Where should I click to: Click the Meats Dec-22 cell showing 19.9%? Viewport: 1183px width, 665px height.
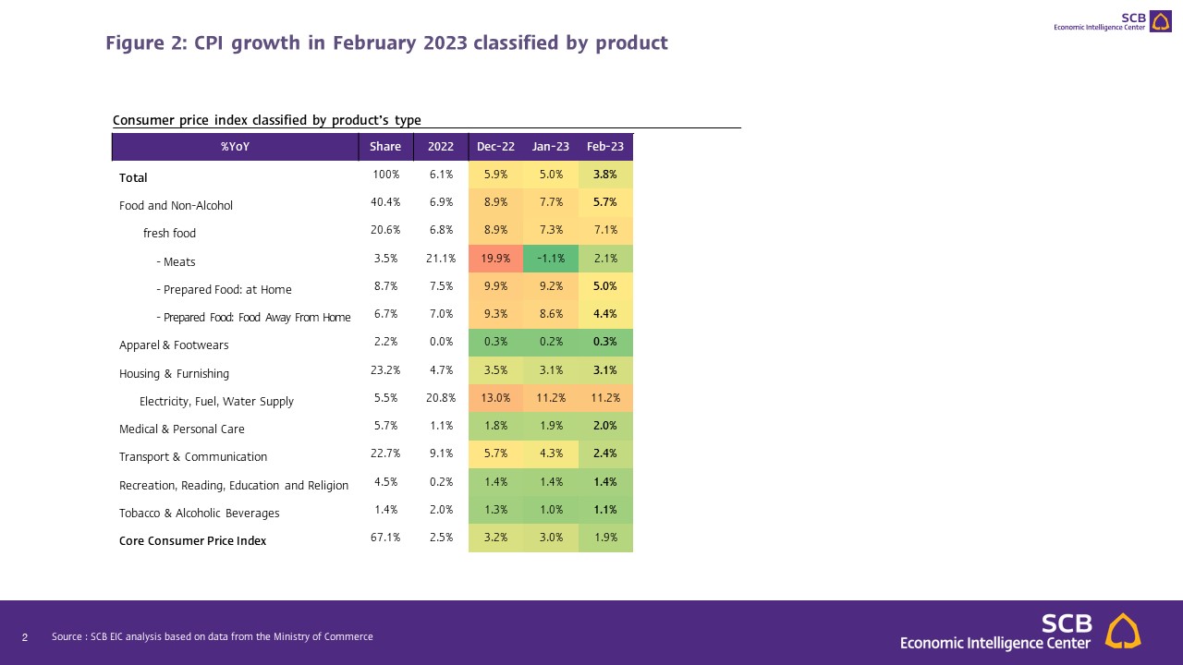[495, 260]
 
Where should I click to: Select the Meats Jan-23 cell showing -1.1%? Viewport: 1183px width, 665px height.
[551, 260]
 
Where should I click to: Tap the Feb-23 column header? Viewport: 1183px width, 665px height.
[605, 147]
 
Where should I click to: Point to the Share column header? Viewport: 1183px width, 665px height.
[385, 147]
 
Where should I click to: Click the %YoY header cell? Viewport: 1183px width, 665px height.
[235, 147]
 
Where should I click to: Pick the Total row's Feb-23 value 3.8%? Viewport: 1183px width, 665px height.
[605, 175]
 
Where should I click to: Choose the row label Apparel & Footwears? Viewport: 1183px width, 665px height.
[174, 345]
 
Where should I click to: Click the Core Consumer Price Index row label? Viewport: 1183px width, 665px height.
[192, 540]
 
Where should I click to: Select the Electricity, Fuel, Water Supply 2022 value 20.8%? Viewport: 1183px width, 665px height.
[440, 399]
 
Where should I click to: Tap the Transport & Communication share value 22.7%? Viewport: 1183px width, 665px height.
[385, 454]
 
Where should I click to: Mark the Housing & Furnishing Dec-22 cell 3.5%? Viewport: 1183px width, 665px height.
[495, 371]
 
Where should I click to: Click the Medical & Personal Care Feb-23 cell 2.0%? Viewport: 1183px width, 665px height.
[605, 427]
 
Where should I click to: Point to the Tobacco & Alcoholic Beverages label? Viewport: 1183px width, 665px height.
[199, 514]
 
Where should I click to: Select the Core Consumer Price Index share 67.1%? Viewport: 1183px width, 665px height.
[385, 538]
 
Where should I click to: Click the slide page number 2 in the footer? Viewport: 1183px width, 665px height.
[25, 637]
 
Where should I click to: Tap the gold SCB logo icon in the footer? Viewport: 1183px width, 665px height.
[1123, 631]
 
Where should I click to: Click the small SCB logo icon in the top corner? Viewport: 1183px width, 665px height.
[1160, 21]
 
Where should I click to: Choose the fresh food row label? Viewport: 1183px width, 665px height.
[169, 234]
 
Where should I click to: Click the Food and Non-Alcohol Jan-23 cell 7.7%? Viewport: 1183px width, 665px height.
[551, 203]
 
